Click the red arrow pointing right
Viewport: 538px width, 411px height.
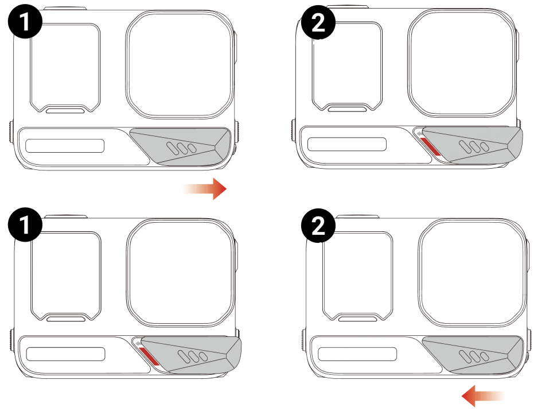click(x=205, y=188)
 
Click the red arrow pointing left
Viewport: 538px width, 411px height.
click(x=483, y=396)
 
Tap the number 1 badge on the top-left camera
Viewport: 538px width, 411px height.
click(x=25, y=22)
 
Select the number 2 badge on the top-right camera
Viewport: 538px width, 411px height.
click(x=318, y=22)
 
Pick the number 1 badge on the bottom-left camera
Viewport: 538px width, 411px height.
click(x=25, y=225)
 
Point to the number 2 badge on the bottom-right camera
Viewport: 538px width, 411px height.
click(x=318, y=226)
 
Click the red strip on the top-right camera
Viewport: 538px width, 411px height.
click(x=430, y=146)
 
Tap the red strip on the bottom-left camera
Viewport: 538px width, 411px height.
click(x=149, y=356)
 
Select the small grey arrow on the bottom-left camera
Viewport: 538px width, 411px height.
click(x=138, y=343)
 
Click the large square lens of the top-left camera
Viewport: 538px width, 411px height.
click(x=180, y=65)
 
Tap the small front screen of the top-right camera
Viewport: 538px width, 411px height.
click(x=347, y=66)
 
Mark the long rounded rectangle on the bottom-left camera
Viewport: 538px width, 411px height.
click(x=65, y=354)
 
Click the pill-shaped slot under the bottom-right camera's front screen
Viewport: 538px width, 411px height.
click(x=357, y=319)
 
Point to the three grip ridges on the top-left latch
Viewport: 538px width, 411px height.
click(x=181, y=148)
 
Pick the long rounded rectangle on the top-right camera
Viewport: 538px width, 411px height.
click(x=347, y=144)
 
